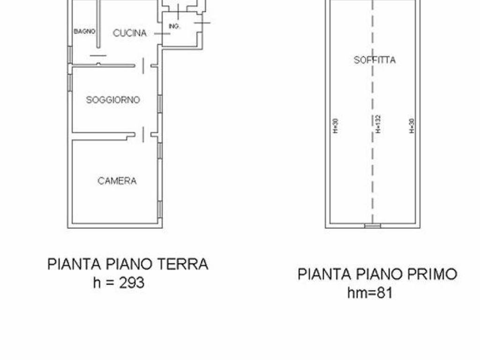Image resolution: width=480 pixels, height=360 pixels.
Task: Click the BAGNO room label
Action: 85,31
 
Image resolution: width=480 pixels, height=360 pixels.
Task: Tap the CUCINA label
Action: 130,33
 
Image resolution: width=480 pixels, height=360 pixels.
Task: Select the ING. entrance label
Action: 174,27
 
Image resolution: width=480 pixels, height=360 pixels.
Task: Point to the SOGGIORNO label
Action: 113,100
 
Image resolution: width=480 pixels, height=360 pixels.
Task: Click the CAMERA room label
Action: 117,181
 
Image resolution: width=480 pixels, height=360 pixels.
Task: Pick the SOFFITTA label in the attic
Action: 375,60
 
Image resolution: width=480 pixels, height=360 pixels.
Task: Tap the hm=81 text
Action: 370,293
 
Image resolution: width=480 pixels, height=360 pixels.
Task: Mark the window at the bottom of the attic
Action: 373,226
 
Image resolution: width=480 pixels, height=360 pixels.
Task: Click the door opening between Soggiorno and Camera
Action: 143,135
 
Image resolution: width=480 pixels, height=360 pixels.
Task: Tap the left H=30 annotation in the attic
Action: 335,125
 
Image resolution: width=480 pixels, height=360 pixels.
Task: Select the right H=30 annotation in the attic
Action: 412,125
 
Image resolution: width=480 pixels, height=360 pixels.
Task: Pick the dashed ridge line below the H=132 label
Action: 373,178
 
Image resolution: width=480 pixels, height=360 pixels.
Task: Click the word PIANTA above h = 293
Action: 71,264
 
